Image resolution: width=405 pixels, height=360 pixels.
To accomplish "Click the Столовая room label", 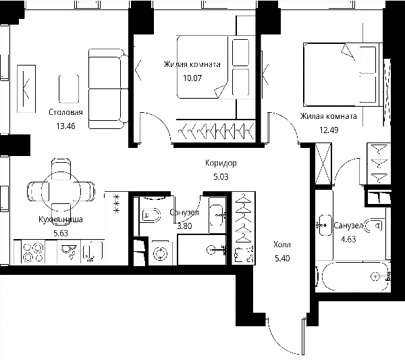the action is (65, 112).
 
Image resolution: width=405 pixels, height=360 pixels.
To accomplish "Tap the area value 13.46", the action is (65, 126).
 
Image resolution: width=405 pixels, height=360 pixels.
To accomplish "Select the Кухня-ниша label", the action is (61, 220).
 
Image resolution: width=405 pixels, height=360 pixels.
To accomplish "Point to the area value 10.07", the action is (192, 78).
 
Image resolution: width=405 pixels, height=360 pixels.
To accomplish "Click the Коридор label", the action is (221, 163).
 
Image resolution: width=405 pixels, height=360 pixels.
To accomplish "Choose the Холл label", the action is (282, 245).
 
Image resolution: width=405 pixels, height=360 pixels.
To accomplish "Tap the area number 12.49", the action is (329, 130).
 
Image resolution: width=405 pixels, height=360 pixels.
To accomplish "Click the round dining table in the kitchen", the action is (61, 191).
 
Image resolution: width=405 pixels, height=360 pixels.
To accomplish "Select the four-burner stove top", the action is (33, 252).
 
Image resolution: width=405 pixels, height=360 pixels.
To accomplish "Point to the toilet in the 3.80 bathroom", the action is (151, 215).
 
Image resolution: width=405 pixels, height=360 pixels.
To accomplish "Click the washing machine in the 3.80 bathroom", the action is (161, 253).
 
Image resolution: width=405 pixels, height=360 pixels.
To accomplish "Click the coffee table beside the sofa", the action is (69, 89).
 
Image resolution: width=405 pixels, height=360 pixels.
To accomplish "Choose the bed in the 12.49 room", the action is (342, 75).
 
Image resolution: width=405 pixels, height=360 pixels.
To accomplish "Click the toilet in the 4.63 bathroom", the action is (373, 226).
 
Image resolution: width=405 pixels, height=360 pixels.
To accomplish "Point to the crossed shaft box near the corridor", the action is (323, 164).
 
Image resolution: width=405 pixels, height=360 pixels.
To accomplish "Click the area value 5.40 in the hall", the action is (282, 258).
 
